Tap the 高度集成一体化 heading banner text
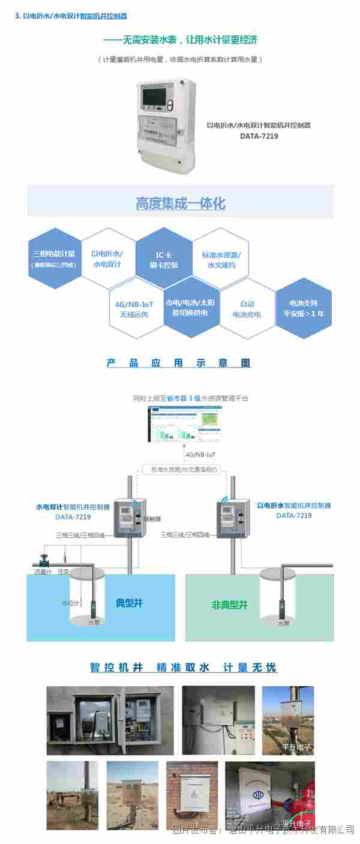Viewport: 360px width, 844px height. tap(180, 203)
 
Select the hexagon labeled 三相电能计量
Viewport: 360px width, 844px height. tap(55, 258)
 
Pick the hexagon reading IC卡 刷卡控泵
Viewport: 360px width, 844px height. tap(163, 259)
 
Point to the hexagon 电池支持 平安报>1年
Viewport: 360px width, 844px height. tap(304, 308)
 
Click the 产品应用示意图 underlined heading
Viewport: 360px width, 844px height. tap(178, 363)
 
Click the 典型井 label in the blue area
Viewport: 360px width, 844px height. tap(129, 603)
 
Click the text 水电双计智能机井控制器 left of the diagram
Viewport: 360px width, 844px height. tap(73, 507)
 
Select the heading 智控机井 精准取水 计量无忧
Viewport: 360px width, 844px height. tap(183, 667)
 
